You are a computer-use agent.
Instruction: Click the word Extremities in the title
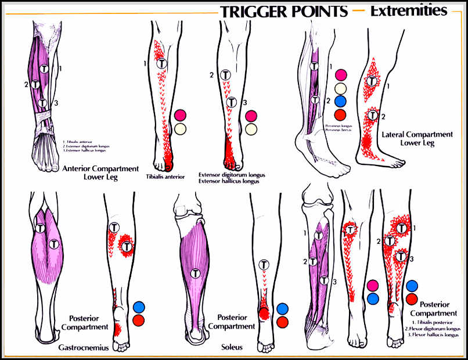[409, 10]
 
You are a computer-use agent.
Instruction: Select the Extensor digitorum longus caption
[228, 174]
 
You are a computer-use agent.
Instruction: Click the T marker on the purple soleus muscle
[197, 272]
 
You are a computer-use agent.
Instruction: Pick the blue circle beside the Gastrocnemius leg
[139, 307]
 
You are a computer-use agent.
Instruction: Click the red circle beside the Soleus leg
[282, 322]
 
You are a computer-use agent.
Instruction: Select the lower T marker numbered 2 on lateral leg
[372, 115]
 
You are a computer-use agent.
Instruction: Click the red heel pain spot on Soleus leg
[264, 314]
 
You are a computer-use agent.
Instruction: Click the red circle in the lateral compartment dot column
[341, 114]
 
